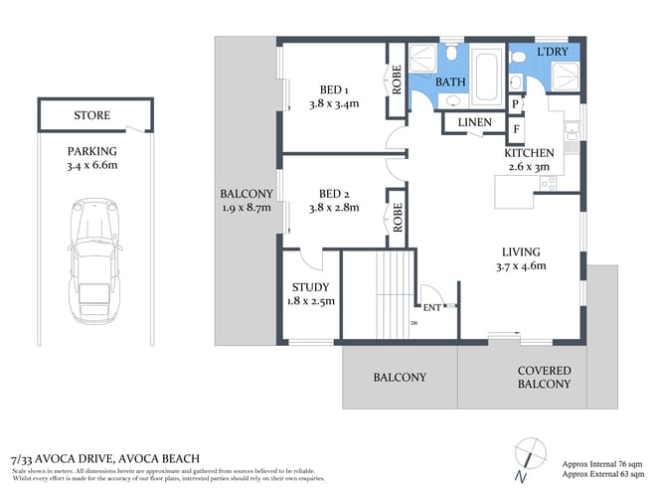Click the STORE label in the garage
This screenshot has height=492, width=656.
tap(91, 115)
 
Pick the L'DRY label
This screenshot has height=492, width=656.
tap(553, 51)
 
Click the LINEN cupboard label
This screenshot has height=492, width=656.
tap(474, 122)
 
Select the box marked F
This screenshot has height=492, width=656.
tap(515, 128)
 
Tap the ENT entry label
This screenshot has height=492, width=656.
tap(432, 308)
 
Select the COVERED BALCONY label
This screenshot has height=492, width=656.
tap(544, 378)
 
